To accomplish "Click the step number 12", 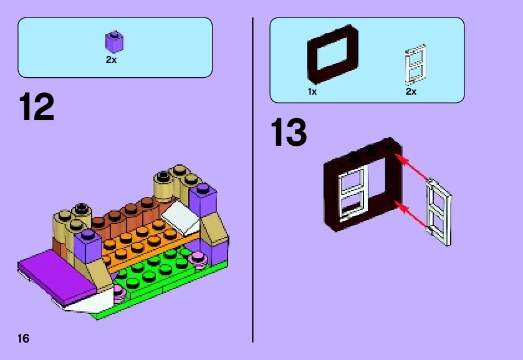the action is coord(37,107).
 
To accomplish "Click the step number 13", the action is coord(289,133).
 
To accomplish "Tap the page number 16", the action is coord(24,339).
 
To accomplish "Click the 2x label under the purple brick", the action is coord(111,60).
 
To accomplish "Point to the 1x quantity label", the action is coord(312,92).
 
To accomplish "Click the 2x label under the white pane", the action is coord(411,92).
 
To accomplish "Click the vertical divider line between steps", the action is coord(252,181).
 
